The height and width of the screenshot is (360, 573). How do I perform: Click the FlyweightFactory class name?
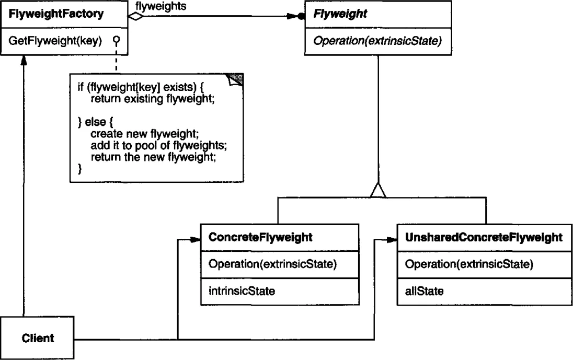point(56,14)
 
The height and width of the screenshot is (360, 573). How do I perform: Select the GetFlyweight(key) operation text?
point(55,41)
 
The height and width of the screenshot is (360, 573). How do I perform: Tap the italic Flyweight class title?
point(340,14)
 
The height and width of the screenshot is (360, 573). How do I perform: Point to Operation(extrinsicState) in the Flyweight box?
point(377,41)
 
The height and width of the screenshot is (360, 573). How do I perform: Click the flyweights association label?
point(161,6)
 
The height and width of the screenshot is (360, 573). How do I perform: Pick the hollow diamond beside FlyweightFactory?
point(135,16)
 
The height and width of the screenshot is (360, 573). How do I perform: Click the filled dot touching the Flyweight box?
point(301,16)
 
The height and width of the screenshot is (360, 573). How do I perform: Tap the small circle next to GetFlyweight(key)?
point(116,40)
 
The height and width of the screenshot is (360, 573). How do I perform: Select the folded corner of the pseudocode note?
point(235,79)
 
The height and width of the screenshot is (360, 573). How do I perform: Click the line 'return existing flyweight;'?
point(152,99)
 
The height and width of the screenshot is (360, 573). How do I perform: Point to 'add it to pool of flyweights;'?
point(158,145)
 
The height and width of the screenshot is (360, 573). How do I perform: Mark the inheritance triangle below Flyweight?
point(378,190)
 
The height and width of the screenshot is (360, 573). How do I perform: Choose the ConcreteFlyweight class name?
point(260,237)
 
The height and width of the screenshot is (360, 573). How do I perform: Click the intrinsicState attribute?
point(242,291)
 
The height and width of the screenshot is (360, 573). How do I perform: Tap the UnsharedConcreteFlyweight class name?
point(484,237)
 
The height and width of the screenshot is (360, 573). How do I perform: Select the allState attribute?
point(424,291)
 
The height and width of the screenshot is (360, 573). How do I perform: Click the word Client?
point(38,338)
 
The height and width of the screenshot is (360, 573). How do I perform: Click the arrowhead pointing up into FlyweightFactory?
point(24,60)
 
